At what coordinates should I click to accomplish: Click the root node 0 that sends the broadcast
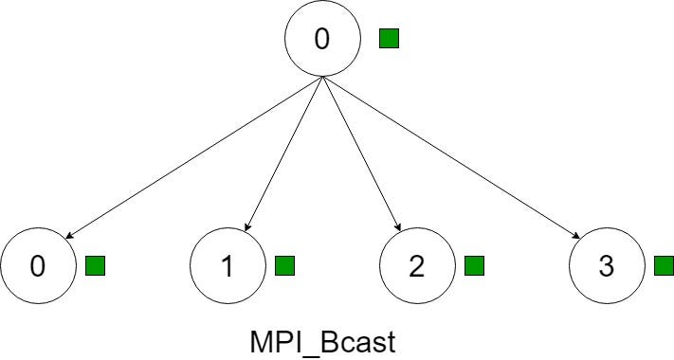point(323,40)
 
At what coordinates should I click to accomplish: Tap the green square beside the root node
point(389,39)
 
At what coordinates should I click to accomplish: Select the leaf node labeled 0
point(38,266)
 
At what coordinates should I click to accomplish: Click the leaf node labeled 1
point(228,266)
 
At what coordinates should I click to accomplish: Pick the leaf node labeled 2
point(417,266)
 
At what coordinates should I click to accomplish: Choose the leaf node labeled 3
point(607,266)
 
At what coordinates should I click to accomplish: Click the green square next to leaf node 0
point(95,266)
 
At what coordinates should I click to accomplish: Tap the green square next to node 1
point(284,266)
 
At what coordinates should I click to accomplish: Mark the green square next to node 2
point(474,266)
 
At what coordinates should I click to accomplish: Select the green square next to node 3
point(664,266)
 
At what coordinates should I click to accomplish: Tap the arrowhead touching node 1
point(247,227)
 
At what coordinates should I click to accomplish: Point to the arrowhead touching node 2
point(399,227)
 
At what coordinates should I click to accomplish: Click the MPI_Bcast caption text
point(322,340)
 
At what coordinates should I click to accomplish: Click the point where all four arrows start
point(323,79)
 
